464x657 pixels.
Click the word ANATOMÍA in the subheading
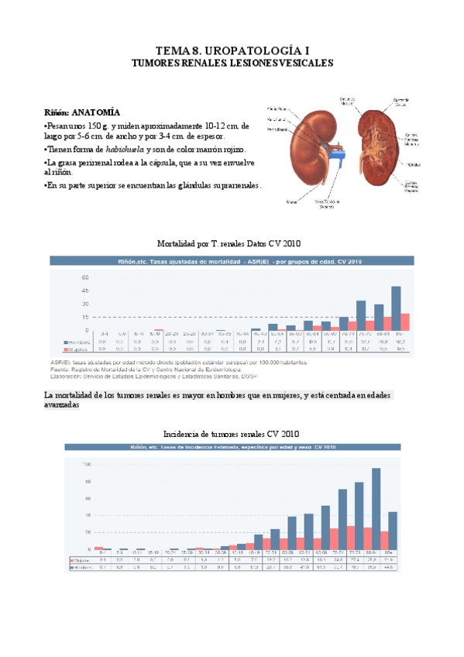point(98,112)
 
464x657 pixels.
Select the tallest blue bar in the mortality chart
point(396,308)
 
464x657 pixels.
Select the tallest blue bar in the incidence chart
point(376,508)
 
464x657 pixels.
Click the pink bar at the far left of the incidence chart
point(98,548)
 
